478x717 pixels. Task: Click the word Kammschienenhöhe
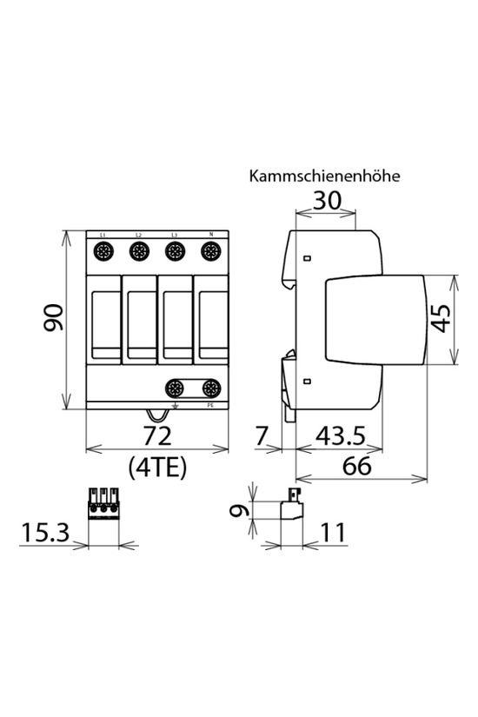324,176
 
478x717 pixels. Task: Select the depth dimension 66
356,466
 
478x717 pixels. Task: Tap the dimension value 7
261,435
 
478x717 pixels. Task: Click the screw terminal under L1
103,252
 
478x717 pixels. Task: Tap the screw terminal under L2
138,252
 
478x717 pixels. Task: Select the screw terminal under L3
174,252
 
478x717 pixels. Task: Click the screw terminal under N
209,252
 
